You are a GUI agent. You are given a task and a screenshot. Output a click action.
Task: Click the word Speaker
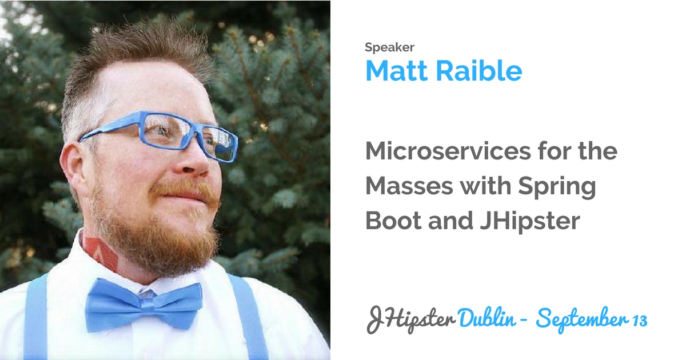pyautogui.click(x=389, y=47)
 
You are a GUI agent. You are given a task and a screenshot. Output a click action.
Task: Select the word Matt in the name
pyautogui.click(x=397, y=71)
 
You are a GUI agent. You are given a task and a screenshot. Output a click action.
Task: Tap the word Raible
pyautogui.click(x=479, y=71)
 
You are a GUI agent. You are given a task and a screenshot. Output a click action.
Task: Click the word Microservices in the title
pyautogui.click(x=448, y=151)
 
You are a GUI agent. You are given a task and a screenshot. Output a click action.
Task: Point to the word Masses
pyautogui.click(x=409, y=186)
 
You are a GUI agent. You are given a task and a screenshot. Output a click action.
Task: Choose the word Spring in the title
pyautogui.click(x=557, y=187)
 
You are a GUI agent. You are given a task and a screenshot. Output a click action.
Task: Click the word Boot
pyautogui.click(x=393, y=221)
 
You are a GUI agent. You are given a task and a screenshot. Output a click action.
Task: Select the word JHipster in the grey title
pyautogui.click(x=530, y=222)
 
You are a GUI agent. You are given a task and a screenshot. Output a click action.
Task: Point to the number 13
pyautogui.click(x=640, y=321)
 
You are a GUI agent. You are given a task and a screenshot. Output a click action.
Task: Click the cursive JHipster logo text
pyautogui.click(x=411, y=320)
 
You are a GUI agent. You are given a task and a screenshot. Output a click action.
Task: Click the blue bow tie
pyautogui.click(x=143, y=303)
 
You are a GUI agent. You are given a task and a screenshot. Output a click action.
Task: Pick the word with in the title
pyautogui.click(x=486, y=186)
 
